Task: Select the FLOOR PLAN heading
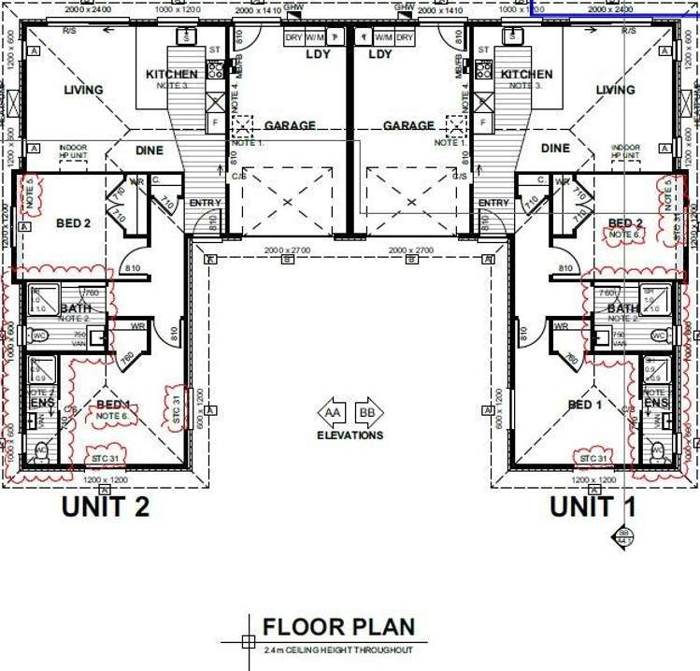pyautogui.click(x=338, y=627)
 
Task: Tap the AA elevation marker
pyautogui.click(x=331, y=412)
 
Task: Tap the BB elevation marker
pyautogui.click(x=369, y=412)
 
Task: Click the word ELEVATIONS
pyautogui.click(x=350, y=435)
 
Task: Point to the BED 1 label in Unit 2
pyautogui.click(x=113, y=405)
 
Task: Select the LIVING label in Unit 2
pyautogui.click(x=83, y=91)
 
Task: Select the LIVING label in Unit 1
pyautogui.click(x=615, y=91)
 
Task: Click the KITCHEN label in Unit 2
pyautogui.click(x=171, y=74)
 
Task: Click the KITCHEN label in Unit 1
pyautogui.click(x=526, y=74)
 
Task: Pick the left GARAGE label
pyautogui.click(x=290, y=125)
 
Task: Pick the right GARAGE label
pyautogui.click(x=408, y=125)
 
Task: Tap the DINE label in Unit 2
pyautogui.click(x=149, y=150)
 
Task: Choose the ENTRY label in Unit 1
pyautogui.click(x=493, y=203)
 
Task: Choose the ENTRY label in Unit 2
pyautogui.click(x=205, y=203)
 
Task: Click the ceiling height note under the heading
pyautogui.click(x=338, y=650)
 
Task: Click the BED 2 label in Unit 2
pyautogui.click(x=73, y=223)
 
